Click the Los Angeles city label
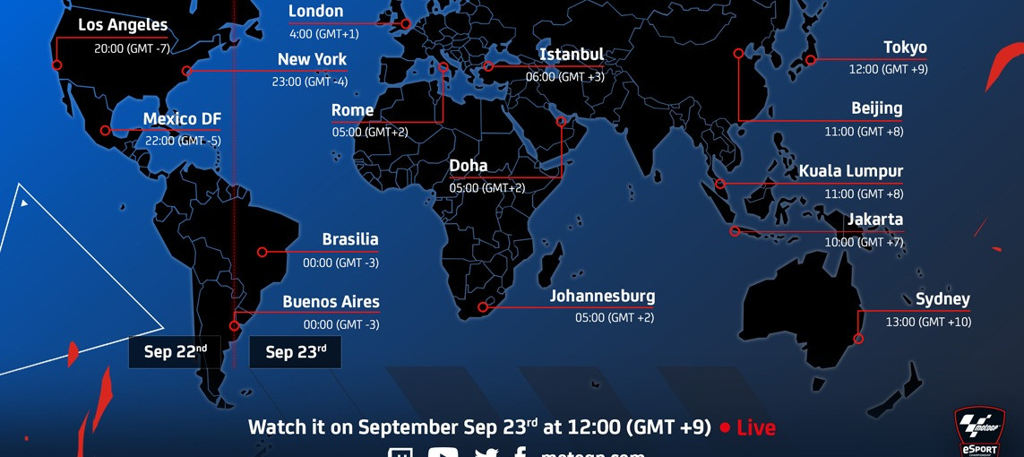click(123, 25)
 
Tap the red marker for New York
click(186, 71)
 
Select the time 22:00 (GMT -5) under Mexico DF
click(182, 141)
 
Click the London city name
click(315, 12)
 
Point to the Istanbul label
click(572, 55)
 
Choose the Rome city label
click(352, 110)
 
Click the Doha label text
click(469, 166)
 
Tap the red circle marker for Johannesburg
click(483, 307)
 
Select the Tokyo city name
click(905, 47)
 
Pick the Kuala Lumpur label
click(850, 171)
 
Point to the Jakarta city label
click(875, 220)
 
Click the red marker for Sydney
click(858, 339)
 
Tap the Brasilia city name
click(350, 240)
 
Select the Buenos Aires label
click(331, 302)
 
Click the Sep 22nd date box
click(175, 352)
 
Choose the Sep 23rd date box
click(296, 352)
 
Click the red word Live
click(755, 428)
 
